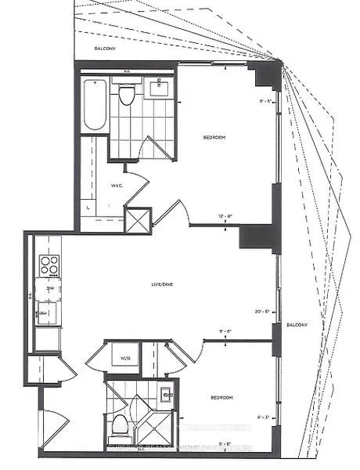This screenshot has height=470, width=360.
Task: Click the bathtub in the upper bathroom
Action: pyautogui.click(x=94, y=104)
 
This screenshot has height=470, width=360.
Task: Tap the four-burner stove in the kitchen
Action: pyautogui.click(x=50, y=266)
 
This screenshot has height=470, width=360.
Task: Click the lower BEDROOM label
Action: pyautogui.click(x=221, y=398)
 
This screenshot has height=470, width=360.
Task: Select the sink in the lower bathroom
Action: pyautogui.click(x=166, y=395)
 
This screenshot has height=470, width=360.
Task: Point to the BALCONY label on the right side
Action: pyautogui.click(x=297, y=326)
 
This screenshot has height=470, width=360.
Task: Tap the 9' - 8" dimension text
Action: pyautogui.click(x=227, y=331)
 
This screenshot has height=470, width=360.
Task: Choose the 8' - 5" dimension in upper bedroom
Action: pyautogui.click(x=267, y=100)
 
